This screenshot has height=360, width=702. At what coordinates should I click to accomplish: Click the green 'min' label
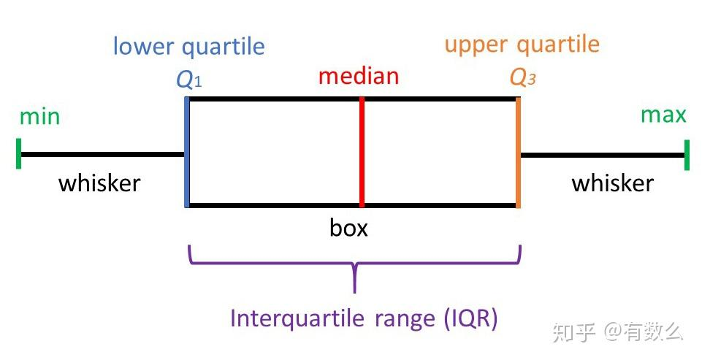pyautogui.click(x=39, y=117)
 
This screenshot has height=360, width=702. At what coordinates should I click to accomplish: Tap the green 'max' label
pyautogui.click(x=663, y=115)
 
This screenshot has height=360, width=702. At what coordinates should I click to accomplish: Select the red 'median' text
pyautogui.click(x=359, y=76)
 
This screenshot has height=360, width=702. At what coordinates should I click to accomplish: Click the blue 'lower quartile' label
pyautogui.click(x=188, y=47)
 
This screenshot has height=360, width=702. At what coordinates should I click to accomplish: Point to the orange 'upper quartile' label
pyautogui.click(x=522, y=44)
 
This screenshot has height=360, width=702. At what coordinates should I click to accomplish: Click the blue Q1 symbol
pyautogui.click(x=188, y=79)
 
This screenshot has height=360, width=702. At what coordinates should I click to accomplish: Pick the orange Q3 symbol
pyautogui.click(x=522, y=79)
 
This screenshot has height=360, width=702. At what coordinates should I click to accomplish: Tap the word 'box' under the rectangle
pyautogui.click(x=348, y=229)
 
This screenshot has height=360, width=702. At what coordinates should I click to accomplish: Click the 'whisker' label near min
pyautogui.click(x=99, y=183)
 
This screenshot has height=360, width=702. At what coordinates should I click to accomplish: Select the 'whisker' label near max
pyautogui.click(x=612, y=183)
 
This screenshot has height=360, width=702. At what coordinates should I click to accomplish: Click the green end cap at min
pyautogui.click(x=19, y=154)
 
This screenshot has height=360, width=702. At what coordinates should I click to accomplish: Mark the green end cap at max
pyautogui.click(x=687, y=154)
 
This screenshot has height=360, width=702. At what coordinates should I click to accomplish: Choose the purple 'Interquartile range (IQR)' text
pyautogui.click(x=364, y=319)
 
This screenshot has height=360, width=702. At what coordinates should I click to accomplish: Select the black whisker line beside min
pyautogui.click(x=102, y=154)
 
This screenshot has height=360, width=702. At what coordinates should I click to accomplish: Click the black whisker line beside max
pyautogui.click(x=603, y=154)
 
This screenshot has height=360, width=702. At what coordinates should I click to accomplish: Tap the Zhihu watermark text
pyautogui.click(x=618, y=332)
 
